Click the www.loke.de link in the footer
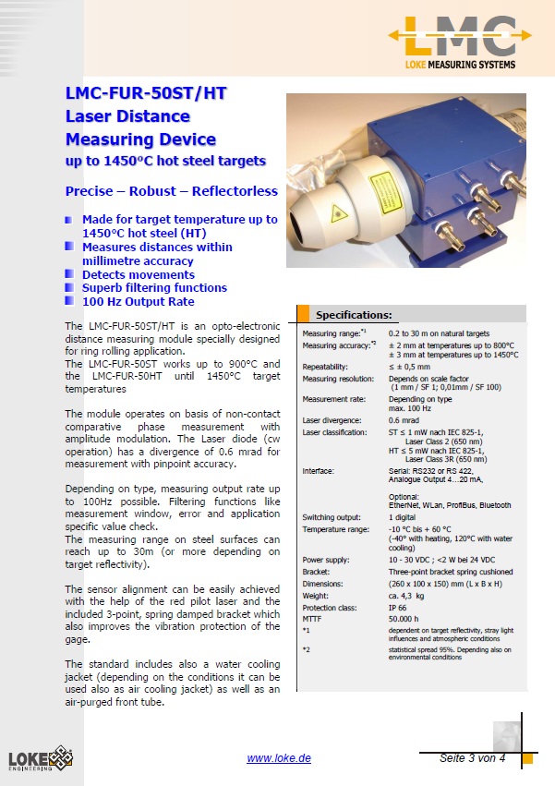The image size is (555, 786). [279, 758]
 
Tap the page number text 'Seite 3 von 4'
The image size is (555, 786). [472, 758]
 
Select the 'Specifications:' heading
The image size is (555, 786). [354, 314]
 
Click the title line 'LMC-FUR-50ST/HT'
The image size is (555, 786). [146, 93]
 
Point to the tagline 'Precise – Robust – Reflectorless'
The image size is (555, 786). [171, 191]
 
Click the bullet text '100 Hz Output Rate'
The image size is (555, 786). [139, 301]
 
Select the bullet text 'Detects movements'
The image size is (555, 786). [139, 274]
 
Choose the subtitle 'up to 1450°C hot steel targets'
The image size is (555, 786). [165, 161]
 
